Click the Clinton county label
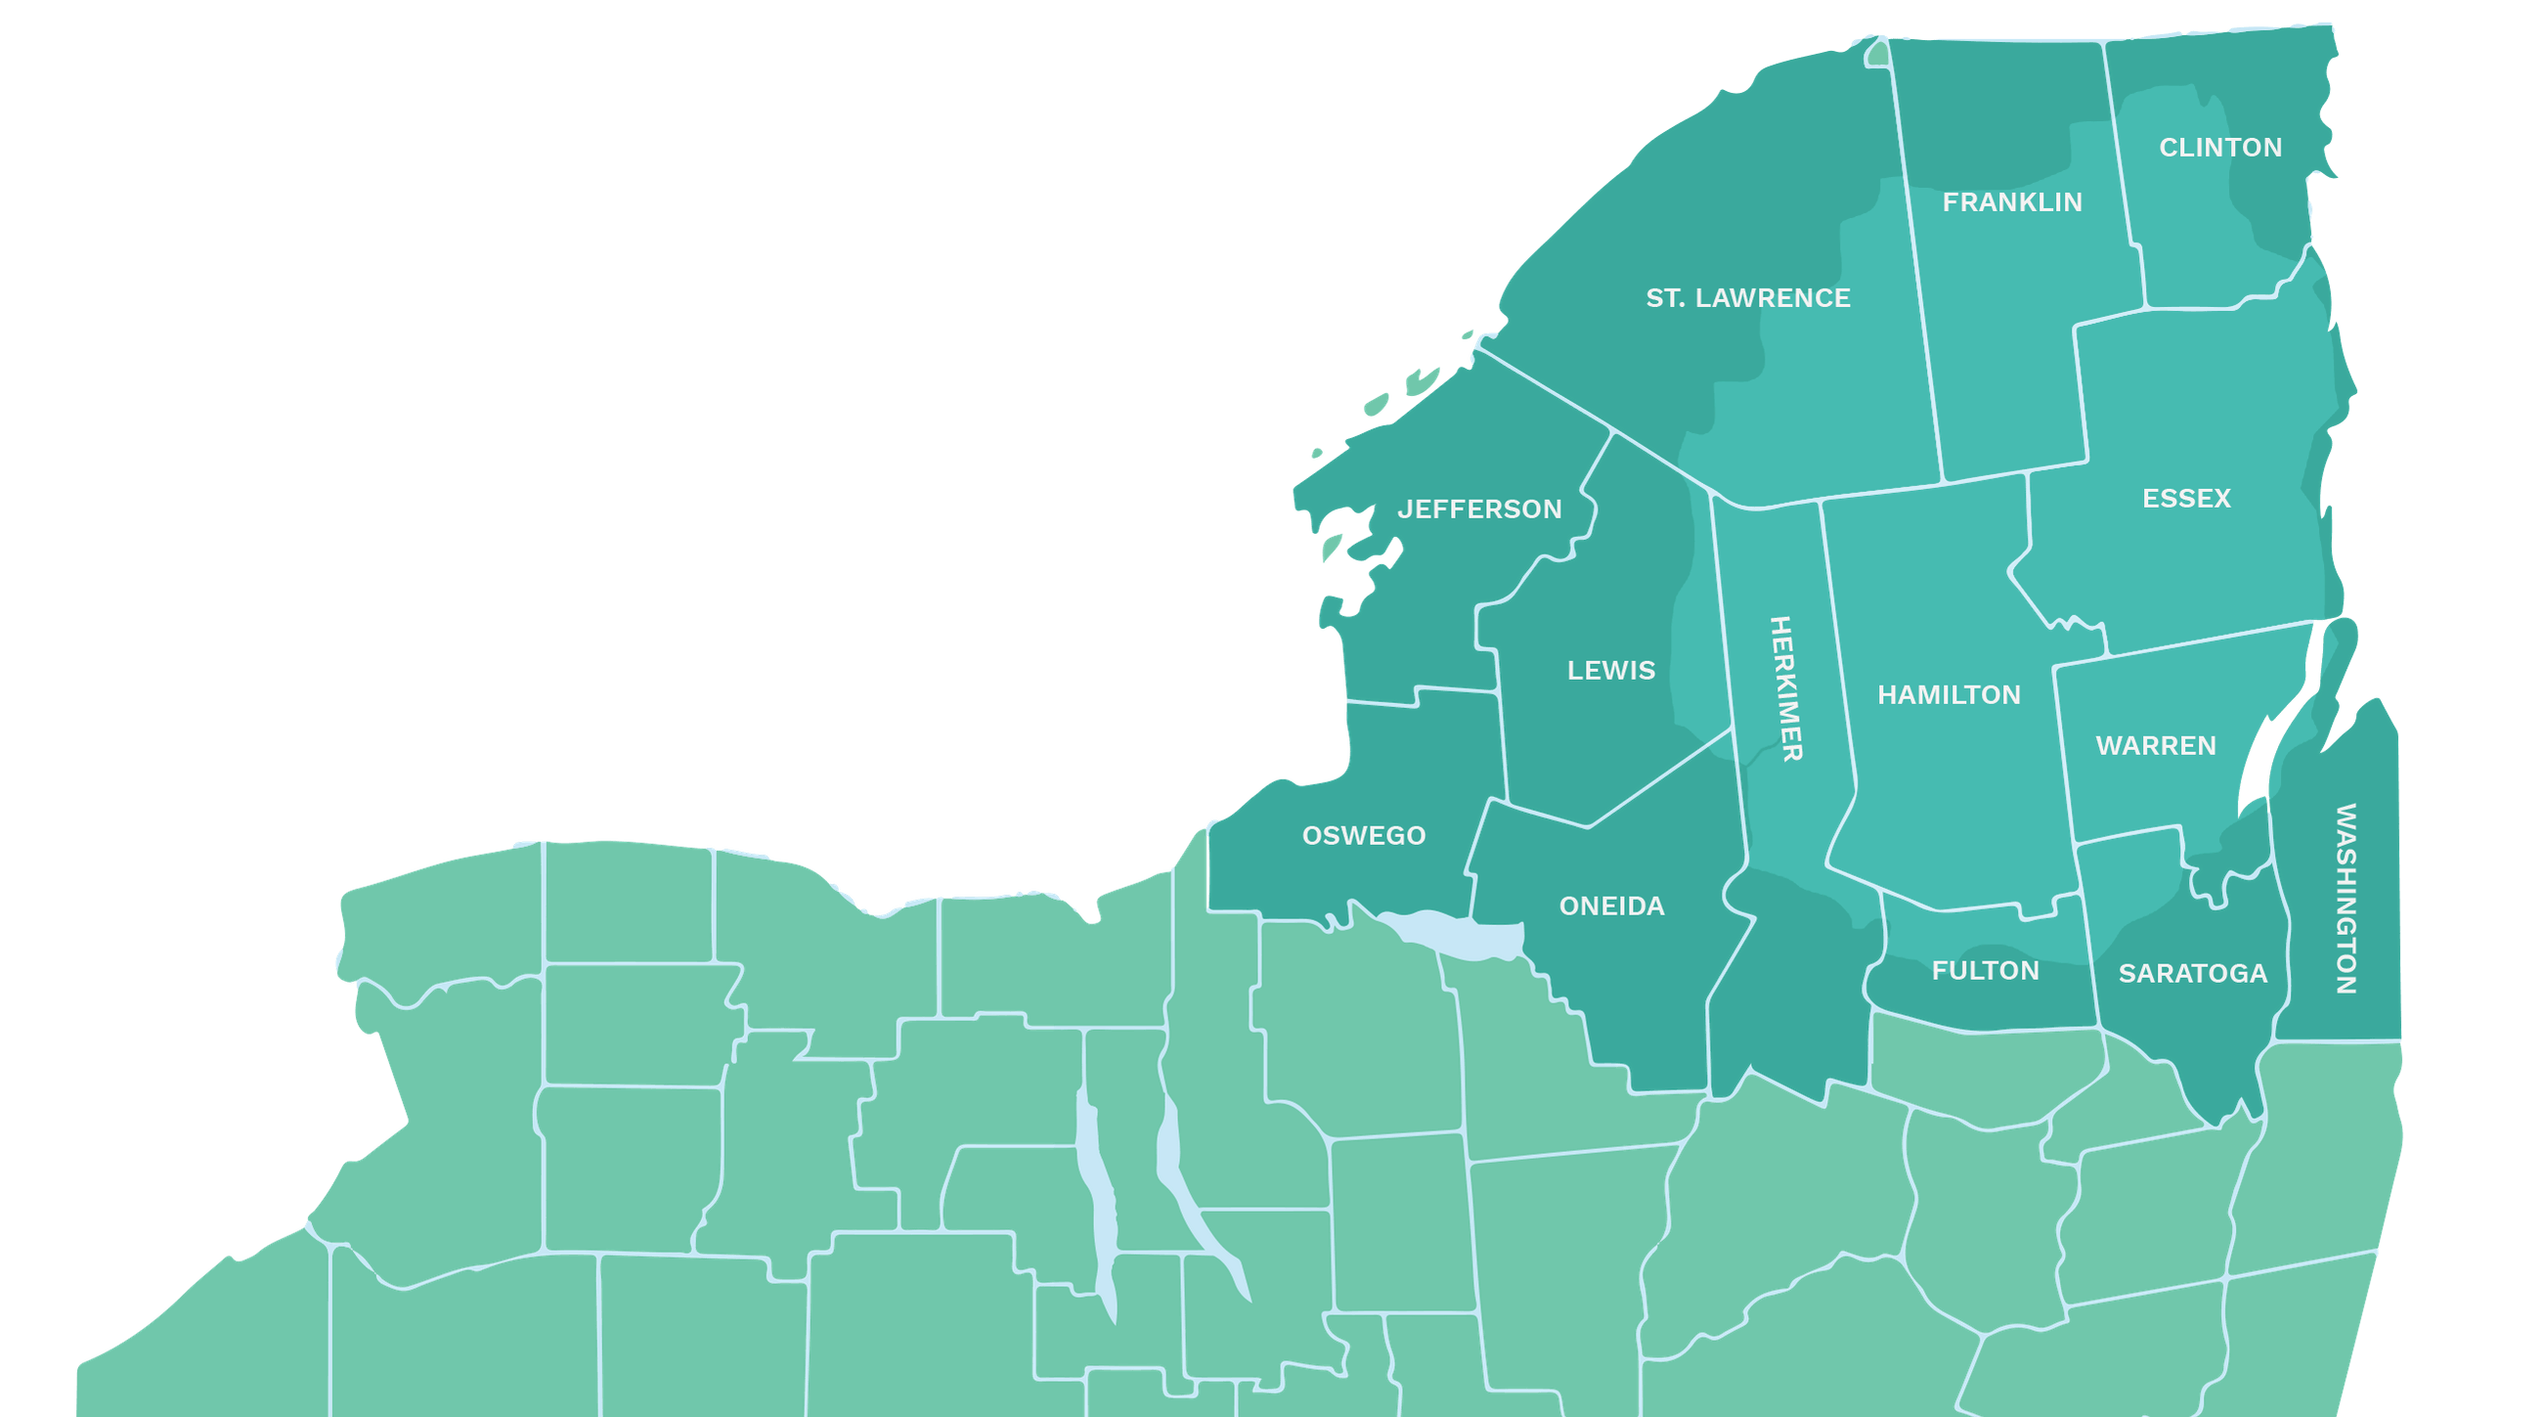(2220, 148)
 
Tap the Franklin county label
(2012, 202)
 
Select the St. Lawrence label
(1748, 298)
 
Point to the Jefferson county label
(1479, 509)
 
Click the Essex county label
(2186, 499)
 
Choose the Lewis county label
(1610, 671)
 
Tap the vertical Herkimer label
(1786, 688)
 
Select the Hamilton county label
(1948, 694)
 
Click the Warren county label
(2155, 746)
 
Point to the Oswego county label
(1364, 836)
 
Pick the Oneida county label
(1611, 906)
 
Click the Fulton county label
(1985, 971)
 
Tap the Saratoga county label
(2193, 974)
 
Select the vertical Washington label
(2345, 898)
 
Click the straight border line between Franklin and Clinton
(2124, 178)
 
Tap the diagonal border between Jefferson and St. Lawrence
(1545, 390)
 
